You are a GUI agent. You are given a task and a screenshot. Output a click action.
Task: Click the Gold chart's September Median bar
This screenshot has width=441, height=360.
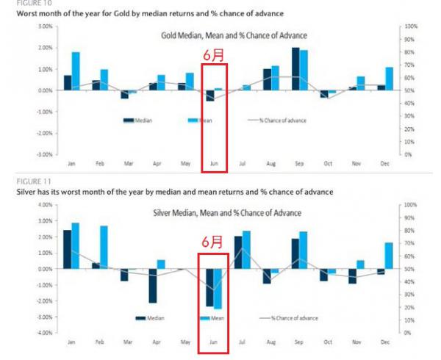pos(295,69)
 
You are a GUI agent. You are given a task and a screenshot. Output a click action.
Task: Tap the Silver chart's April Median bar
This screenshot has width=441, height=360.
pos(153,285)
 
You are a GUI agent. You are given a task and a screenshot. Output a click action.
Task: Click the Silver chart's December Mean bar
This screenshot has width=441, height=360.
pos(387,255)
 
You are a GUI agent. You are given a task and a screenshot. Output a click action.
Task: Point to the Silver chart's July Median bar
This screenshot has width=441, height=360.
pos(238,252)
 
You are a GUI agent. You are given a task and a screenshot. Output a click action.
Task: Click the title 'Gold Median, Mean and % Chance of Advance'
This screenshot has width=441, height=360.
pos(234,35)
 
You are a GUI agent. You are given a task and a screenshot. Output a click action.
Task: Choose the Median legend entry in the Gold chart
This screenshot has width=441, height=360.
pos(139,120)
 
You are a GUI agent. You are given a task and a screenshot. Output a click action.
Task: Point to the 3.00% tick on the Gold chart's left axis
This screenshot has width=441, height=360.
pos(43,26)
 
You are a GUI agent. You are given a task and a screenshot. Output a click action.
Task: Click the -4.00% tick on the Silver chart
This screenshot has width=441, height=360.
pos(43,333)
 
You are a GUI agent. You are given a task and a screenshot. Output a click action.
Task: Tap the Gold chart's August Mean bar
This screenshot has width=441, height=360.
pos(276,78)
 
